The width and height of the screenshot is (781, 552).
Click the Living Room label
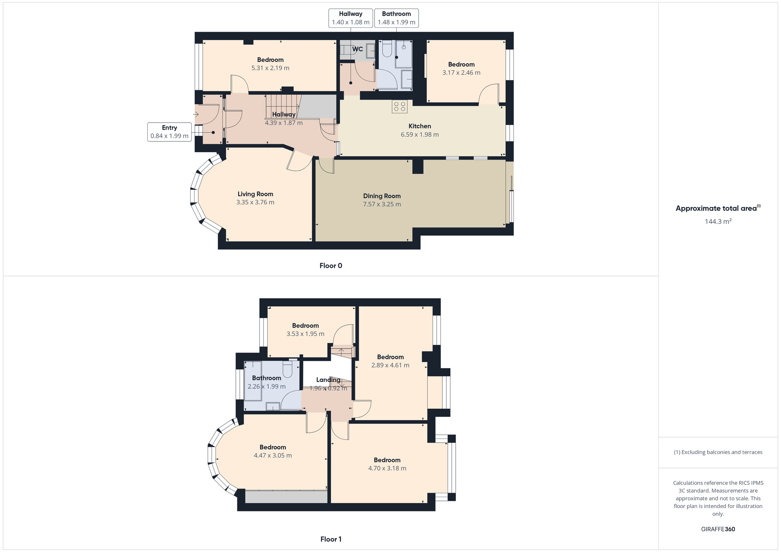pyautogui.click(x=255, y=194)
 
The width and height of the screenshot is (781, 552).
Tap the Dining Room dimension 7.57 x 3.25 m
pyautogui.click(x=382, y=204)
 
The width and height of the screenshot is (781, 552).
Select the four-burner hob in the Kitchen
pyautogui.click(x=400, y=107)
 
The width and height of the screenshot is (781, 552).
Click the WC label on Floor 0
pyautogui.click(x=357, y=49)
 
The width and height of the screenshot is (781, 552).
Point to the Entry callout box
pyautogui.click(x=169, y=132)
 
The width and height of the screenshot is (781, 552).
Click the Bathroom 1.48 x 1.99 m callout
pyautogui.click(x=396, y=18)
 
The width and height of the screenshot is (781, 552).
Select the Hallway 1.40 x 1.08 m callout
pyautogui.click(x=350, y=18)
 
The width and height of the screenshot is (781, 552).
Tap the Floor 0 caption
pyautogui.click(x=330, y=266)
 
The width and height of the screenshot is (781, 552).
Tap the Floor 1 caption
pyautogui.click(x=331, y=539)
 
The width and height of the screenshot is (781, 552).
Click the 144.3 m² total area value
pyautogui.click(x=718, y=221)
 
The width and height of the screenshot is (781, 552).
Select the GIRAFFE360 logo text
pyautogui.click(x=718, y=529)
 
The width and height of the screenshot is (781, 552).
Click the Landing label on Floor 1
pyautogui.click(x=328, y=380)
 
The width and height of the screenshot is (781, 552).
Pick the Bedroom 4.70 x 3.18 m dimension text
pyautogui.click(x=387, y=468)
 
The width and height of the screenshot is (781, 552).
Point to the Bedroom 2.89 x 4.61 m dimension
pyautogui.click(x=390, y=365)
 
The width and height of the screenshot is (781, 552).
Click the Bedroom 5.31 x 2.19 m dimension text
pyautogui.click(x=270, y=68)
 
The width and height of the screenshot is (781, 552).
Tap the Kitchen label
pyautogui.click(x=419, y=126)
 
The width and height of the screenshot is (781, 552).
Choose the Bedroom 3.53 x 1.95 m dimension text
pyautogui.click(x=305, y=334)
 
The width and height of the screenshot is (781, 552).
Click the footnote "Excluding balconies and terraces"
pyautogui.click(x=718, y=452)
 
